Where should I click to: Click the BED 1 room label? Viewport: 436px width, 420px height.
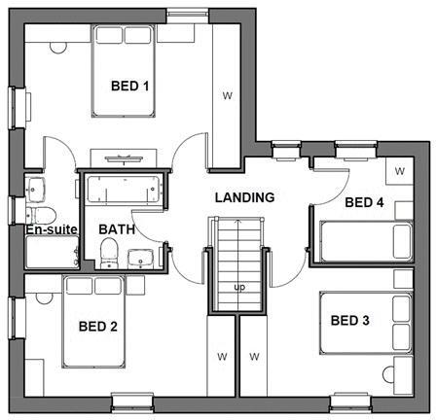click(129, 87)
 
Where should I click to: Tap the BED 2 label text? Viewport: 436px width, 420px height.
click(98, 327)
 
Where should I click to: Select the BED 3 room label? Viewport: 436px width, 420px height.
click(350, 321)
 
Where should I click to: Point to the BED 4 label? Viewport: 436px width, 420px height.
click(364, 202)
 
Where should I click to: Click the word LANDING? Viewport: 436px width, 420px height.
click(245, 197)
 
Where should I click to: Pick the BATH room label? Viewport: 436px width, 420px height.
click(117, 229)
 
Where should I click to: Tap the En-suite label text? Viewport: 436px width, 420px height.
click(52, 229)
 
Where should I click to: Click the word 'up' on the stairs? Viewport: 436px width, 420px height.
click(239, 288)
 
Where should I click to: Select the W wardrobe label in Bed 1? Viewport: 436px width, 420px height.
click(228, 95)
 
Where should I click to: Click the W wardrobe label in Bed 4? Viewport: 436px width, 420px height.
click(400, 171)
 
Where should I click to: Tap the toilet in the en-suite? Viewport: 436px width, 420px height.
click(41, 215)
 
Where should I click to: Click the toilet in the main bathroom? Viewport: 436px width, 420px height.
click(109, 253)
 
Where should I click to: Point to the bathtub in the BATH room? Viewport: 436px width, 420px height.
click(124, 190)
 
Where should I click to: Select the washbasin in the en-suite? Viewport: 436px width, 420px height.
click(36, 190)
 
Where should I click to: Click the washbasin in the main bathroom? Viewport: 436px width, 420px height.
click(141, 259)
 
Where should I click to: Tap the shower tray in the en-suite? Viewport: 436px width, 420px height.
click(53, 252)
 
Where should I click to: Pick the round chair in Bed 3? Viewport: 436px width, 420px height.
click(388, 375)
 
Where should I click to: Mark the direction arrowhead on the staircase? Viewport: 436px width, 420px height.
click(238, 223)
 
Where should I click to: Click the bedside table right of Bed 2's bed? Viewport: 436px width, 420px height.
click(135, 285)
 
